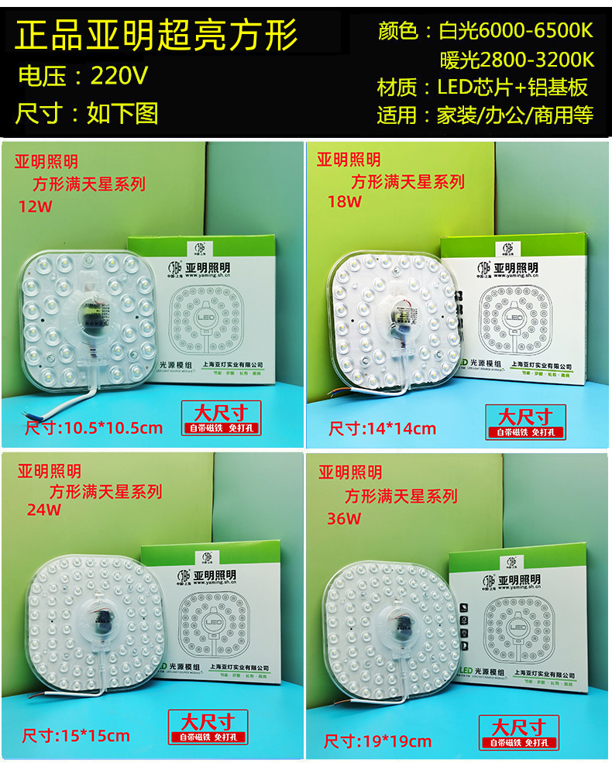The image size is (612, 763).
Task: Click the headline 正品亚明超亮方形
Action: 157,35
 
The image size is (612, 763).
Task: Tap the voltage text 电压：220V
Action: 83,76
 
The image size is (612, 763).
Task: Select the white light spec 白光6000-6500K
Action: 515,32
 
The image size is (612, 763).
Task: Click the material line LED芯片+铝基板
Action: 513,87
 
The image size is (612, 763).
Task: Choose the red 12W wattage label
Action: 33,206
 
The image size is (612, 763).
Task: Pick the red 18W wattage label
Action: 344,202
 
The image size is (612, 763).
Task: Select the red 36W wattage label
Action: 343,519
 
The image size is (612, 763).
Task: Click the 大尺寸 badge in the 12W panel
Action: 221,411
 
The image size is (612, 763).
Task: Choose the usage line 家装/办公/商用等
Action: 515,115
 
